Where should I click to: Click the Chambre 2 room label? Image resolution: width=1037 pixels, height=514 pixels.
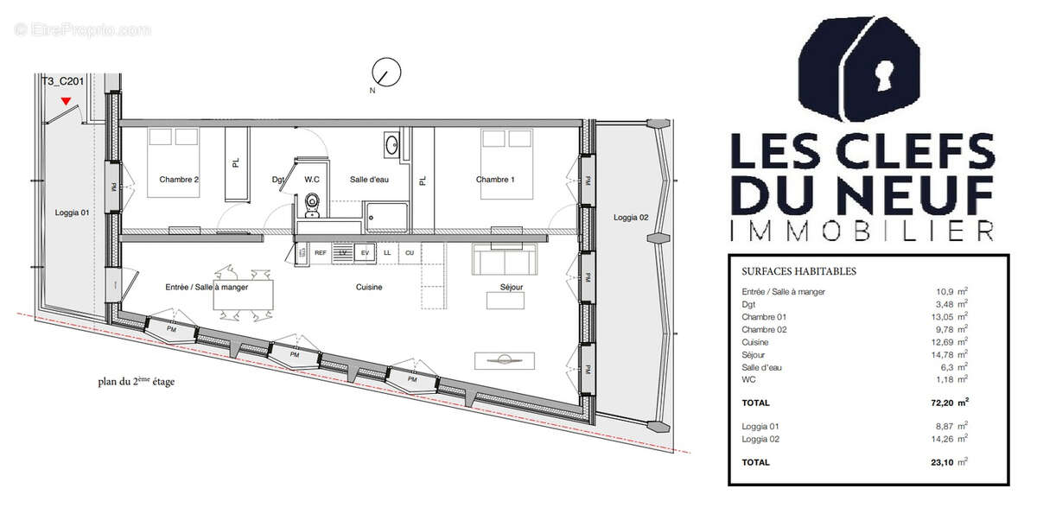tap(179, 180)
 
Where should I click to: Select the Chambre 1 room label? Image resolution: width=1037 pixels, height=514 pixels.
tap(495, 180)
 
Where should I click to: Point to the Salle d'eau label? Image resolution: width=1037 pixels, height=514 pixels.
tap(369, 180)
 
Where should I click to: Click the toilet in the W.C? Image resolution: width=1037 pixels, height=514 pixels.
tap(313, 204)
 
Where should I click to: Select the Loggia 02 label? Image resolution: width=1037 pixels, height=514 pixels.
tap(631, 217)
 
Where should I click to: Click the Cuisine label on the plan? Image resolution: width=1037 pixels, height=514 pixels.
tap(368, 288)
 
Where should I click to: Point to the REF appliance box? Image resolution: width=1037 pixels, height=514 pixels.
tap(320, 252)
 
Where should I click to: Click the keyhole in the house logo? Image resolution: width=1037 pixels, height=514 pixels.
tap(883, 75)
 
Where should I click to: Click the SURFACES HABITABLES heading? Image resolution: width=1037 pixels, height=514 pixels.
tap(798, 271)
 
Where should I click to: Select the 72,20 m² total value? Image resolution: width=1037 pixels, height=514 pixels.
tap(945, 403)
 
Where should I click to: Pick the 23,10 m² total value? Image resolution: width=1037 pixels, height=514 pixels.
tap(945, 462)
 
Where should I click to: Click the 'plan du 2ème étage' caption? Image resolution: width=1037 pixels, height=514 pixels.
tap(136, 381)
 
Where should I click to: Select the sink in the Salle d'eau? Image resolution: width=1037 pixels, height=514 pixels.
tap(391, 144)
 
